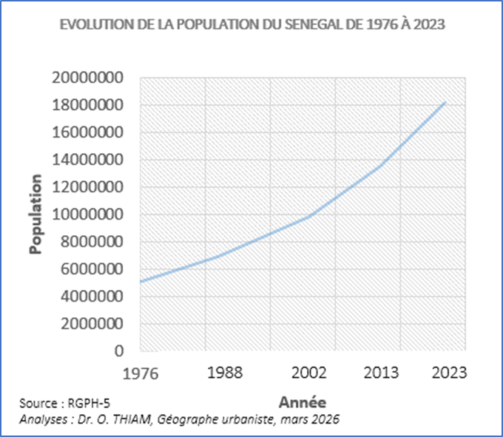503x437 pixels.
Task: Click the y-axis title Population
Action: [35, 214]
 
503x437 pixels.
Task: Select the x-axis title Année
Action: [303, 402]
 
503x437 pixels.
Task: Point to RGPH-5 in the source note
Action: [84, 403]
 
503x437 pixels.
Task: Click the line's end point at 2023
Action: [445, 102]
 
